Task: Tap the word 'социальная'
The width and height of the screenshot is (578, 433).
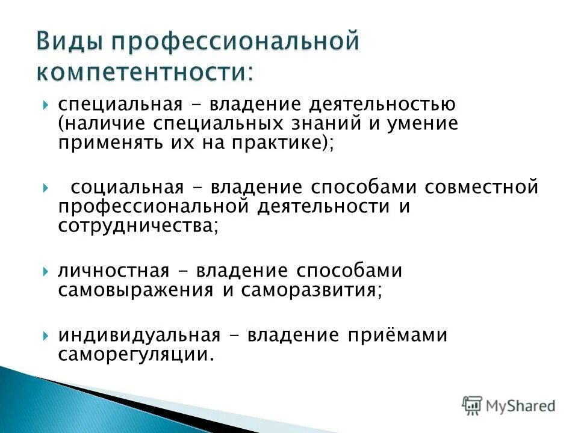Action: (127, 187)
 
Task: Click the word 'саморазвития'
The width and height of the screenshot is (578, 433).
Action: (309, 290)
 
